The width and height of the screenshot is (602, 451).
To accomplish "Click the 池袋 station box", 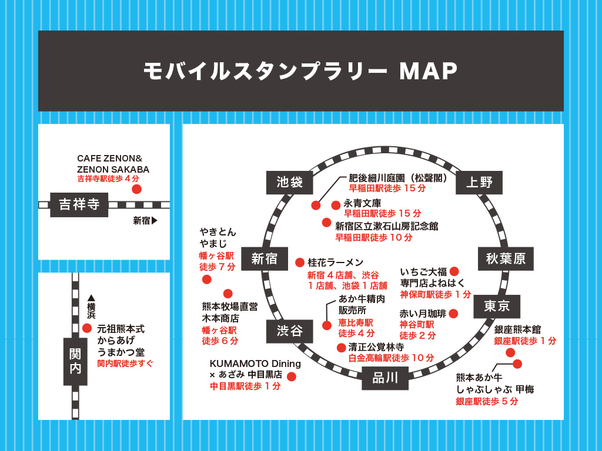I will tap(289, 182).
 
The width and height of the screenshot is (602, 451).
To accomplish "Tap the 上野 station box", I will tap(479, 182).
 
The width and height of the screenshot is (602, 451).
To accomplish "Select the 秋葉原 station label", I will tap(506, 258).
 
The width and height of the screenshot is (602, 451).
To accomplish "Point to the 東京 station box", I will tap(497, 306).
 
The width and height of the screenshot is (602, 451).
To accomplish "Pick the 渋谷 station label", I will tap(289, 331).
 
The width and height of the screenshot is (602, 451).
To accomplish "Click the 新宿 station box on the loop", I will tap(264, 258).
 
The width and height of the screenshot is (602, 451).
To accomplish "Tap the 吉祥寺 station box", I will tap(79, 205).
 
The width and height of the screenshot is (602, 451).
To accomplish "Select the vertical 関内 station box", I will tap(75, 361).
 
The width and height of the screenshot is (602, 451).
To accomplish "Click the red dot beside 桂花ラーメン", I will tap(299, 262).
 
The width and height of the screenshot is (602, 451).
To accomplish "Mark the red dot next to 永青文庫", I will tap(336, 205).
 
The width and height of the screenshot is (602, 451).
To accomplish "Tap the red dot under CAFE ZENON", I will tap(136, 189).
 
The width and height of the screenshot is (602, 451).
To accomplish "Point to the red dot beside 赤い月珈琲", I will tap(453, 314).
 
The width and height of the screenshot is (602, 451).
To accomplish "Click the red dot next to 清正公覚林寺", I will tap(341, 347).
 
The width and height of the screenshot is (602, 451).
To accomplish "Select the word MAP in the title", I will tap(428, 71).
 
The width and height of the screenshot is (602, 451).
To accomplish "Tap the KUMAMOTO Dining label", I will tap(255, 364).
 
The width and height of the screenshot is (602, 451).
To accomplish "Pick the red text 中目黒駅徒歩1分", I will tap(246, 386).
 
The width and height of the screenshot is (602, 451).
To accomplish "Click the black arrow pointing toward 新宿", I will tap(155, 221).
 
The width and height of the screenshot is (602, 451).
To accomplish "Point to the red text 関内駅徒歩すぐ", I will tap(125, 364).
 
